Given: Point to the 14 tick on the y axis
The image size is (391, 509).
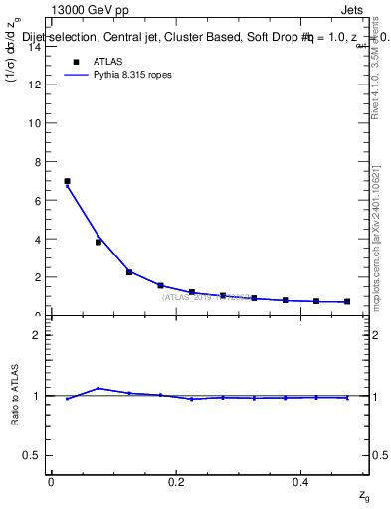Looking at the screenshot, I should (x=38, y=46).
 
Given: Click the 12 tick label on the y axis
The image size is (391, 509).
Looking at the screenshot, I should (x=38, y=85).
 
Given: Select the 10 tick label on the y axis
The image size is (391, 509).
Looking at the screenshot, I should (x=38, y=123).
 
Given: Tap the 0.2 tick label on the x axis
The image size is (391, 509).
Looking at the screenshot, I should (x=176, y=481).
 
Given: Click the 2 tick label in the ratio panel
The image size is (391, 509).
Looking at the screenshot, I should (x=40, y=335).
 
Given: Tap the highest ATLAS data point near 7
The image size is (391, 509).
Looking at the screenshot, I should (x=67, y=181).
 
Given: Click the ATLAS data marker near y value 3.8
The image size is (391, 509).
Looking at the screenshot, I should (x=98, y=242).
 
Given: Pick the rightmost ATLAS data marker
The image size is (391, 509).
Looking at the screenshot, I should (x=347, y=301).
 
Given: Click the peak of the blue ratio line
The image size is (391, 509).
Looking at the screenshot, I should (x=98, y=388).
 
